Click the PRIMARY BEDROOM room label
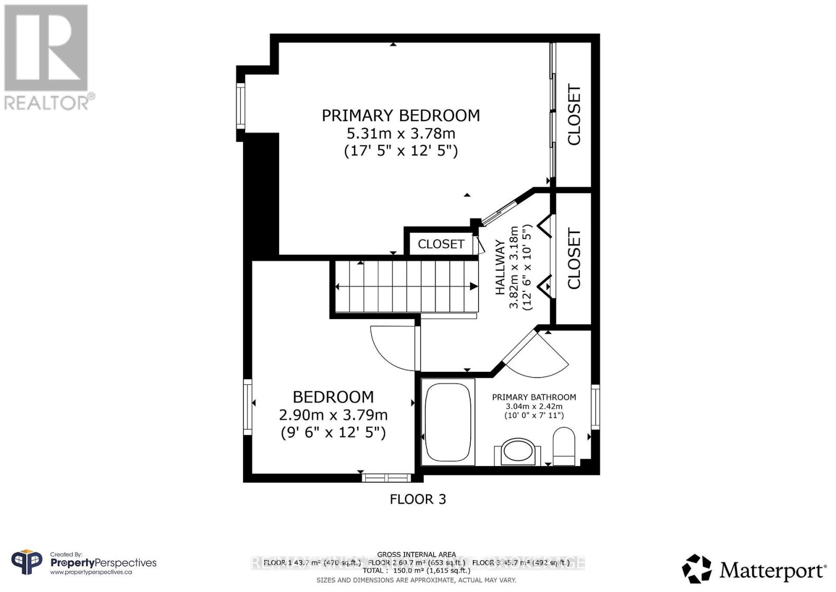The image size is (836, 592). [401, 116]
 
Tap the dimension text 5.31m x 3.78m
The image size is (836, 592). [401, 133]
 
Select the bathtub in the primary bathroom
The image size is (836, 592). [448, 422]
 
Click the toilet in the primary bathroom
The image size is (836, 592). [564, 445]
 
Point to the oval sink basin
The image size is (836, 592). [518, 451]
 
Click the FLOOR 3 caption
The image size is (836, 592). [417, 499]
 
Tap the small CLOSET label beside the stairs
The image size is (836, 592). [440, 244]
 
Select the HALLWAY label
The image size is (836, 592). [500, 267]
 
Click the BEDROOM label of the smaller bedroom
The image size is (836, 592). [333, 397]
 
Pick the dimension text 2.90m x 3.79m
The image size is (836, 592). [333, 415]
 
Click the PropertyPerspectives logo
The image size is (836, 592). [84, 563]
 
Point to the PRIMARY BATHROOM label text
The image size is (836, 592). [534, 397]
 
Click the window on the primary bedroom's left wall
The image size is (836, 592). [240, 106]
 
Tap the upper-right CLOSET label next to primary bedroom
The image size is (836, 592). [574, 115]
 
